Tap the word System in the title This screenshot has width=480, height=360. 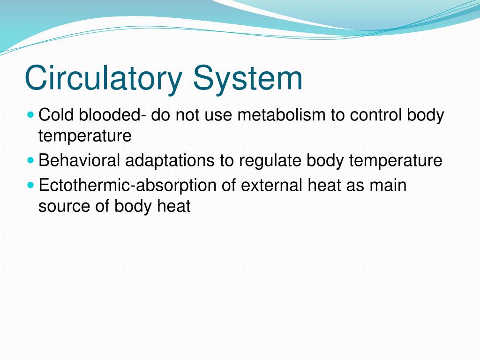tap(248, 78)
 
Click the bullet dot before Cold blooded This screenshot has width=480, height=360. tap(31, 114)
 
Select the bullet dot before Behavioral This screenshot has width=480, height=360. tap(31, 160)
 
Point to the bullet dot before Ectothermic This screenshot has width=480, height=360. tap(31, 185)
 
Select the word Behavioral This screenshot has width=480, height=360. tap(79, 161)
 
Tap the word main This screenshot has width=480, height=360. tap(388, 185)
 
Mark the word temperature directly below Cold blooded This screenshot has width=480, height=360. tap(85, 136)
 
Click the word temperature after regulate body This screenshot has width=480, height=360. tap(395, 161)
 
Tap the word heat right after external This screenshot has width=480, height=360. tap(325, 185)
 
